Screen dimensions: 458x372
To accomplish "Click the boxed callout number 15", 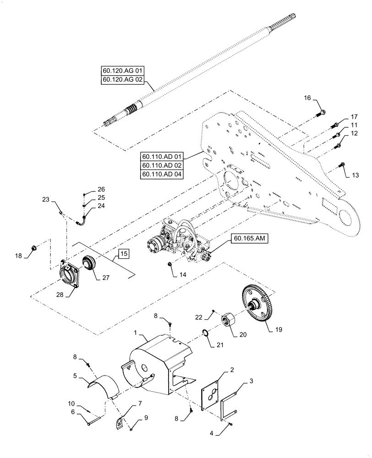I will click(x=124, y=253).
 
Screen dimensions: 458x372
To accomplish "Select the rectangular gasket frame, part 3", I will click(x=229, y=402).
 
